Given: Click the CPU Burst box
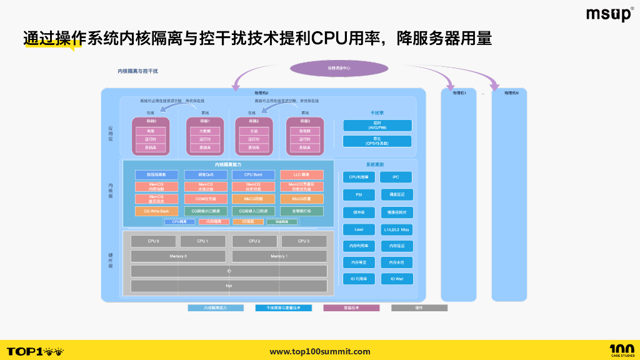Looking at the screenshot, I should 253,175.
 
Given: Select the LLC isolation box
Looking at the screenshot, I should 302,175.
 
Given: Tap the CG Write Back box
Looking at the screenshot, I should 156,211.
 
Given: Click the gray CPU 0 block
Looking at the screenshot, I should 153,241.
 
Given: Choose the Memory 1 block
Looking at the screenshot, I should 279,256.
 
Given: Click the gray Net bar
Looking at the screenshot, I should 229,286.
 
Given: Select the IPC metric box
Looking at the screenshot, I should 396,177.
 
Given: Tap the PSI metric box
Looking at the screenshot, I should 359,194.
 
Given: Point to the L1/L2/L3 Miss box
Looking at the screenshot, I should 396,229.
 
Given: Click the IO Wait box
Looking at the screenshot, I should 396,279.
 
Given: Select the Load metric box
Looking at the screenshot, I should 359,229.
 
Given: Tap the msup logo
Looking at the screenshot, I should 609,14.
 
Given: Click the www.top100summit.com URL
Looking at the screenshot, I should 319,351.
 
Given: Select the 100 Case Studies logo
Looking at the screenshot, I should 621,351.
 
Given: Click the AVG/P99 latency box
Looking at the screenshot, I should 377,126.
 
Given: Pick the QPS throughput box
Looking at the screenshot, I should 377,141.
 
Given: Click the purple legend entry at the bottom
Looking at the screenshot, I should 351,307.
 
